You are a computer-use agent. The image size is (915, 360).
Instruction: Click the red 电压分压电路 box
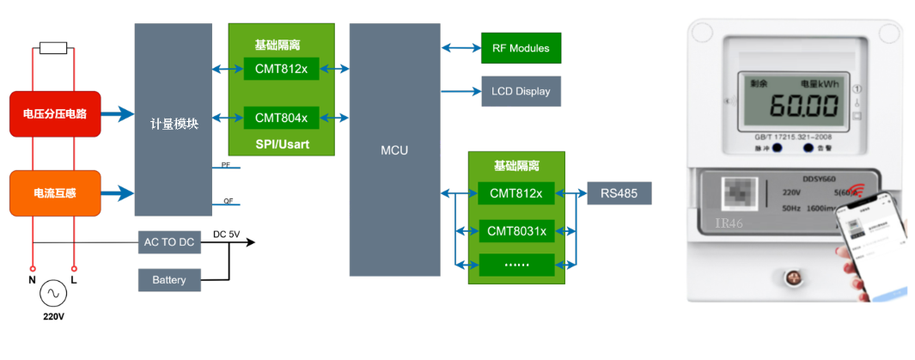coord(55,113)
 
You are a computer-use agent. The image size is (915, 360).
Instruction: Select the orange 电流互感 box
coord(55,193)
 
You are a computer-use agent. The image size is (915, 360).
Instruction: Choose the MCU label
coord(394,150)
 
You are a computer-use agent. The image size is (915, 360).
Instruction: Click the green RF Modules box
coord(521,48)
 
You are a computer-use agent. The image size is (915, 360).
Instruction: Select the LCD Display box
coord(521,91)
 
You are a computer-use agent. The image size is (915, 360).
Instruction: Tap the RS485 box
coord(619,193)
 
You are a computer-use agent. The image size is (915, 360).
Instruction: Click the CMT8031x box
coord(516,230)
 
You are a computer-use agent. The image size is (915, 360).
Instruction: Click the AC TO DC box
coord(168,243)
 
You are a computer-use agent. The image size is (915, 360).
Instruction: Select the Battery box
coord(168,280)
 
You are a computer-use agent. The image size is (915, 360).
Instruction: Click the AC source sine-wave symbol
coord(52,294)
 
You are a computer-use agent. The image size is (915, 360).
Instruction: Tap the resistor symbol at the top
coord(53,48)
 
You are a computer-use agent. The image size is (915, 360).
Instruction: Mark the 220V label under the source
coord(53,317)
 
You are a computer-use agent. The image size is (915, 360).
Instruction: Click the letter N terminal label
coord(33,279)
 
